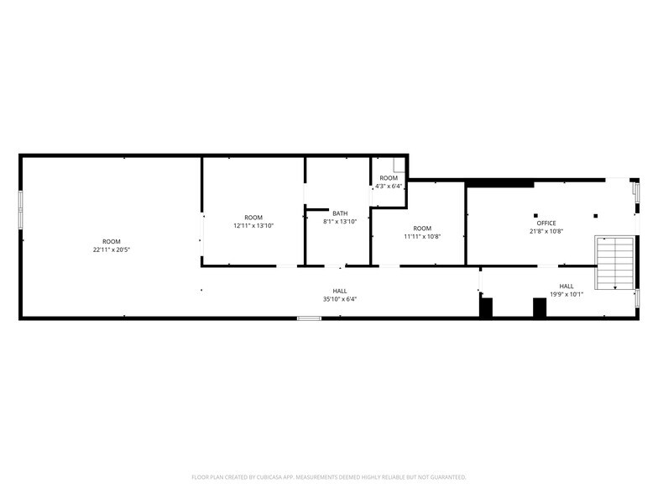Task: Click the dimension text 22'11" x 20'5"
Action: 112,250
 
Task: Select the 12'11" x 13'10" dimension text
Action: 253,225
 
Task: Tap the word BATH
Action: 340,213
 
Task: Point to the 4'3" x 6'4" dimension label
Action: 389,186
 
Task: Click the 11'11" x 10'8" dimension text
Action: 422,237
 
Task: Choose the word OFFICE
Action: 546,223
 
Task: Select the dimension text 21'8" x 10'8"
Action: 546,231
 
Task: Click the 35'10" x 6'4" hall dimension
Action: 340,299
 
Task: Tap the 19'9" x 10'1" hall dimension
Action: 567,294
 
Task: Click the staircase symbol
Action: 614,263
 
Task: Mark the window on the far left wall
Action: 20,210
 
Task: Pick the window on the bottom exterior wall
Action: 309,318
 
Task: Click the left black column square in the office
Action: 535,216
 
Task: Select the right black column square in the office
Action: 596,216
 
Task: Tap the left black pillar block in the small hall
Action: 486,307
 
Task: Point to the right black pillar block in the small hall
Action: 540,307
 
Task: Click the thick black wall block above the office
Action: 499,183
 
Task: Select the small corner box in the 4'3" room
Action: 399,165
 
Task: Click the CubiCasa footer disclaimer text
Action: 329,477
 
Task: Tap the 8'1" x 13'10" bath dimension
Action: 340,222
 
